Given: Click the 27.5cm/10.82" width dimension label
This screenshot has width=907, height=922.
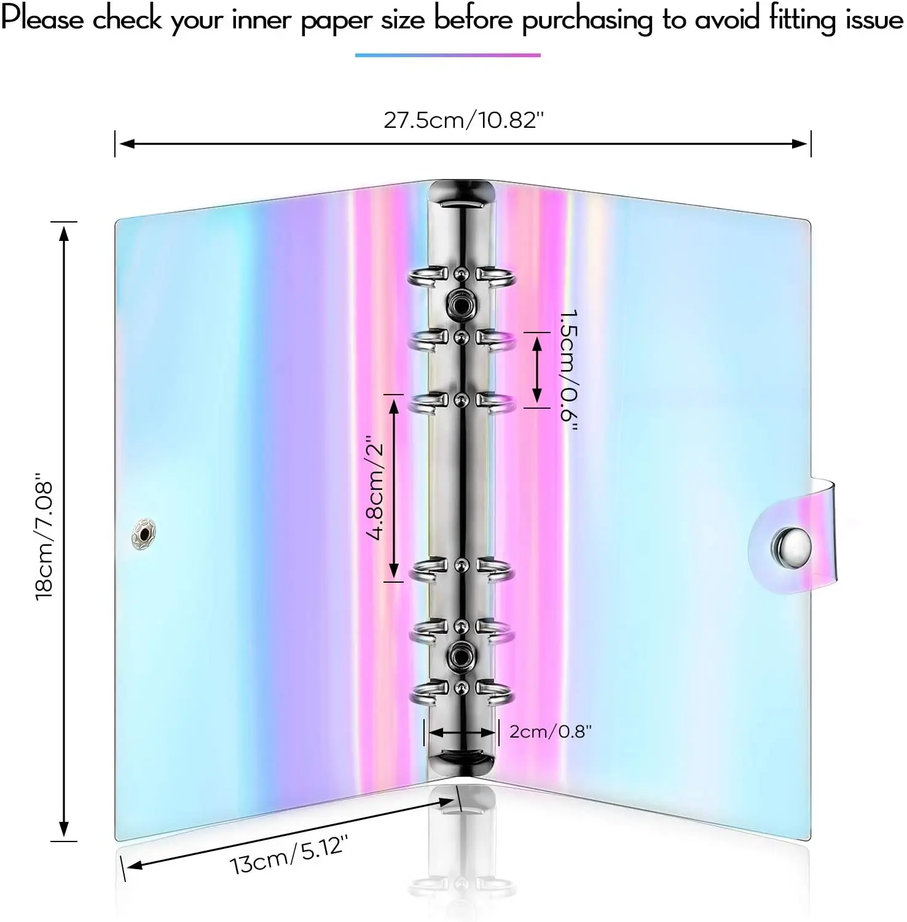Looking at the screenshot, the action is [464, 120].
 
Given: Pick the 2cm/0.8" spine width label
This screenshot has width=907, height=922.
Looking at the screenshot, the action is [550, 731].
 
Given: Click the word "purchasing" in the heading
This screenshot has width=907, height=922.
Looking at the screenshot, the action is [587, 20].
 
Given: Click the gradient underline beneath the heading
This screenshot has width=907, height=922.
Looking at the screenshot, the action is [447, 55].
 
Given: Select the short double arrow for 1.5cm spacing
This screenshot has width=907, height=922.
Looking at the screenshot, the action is [537, 370].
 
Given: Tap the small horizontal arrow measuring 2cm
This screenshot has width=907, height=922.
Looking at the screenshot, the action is [461, 732].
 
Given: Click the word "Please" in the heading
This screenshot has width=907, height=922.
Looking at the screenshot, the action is [42, 19].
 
